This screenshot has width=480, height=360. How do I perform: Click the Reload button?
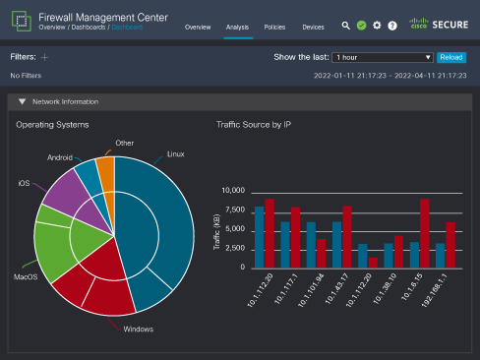(450, 58)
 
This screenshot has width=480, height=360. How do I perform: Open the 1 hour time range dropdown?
(383, 58)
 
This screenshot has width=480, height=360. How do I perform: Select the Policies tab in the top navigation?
(275, 27)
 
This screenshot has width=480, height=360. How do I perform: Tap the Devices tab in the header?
(313, 27)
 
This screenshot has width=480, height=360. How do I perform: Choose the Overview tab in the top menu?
(198, 27)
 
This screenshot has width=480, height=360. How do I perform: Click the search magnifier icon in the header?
(345, 25)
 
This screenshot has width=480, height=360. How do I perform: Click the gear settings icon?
(377, 25)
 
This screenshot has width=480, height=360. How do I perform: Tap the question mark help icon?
(392, 25)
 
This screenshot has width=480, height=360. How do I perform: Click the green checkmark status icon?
(361, 25)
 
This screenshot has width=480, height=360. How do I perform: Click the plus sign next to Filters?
(44, 58)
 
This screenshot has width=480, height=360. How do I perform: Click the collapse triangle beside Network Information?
(22, 101)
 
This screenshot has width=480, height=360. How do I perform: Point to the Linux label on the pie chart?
(176, 152)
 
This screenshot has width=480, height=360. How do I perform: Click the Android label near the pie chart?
(59, 156)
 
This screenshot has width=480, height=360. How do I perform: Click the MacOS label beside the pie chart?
(26, 276)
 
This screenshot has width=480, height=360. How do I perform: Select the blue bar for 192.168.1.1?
(441, 255)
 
